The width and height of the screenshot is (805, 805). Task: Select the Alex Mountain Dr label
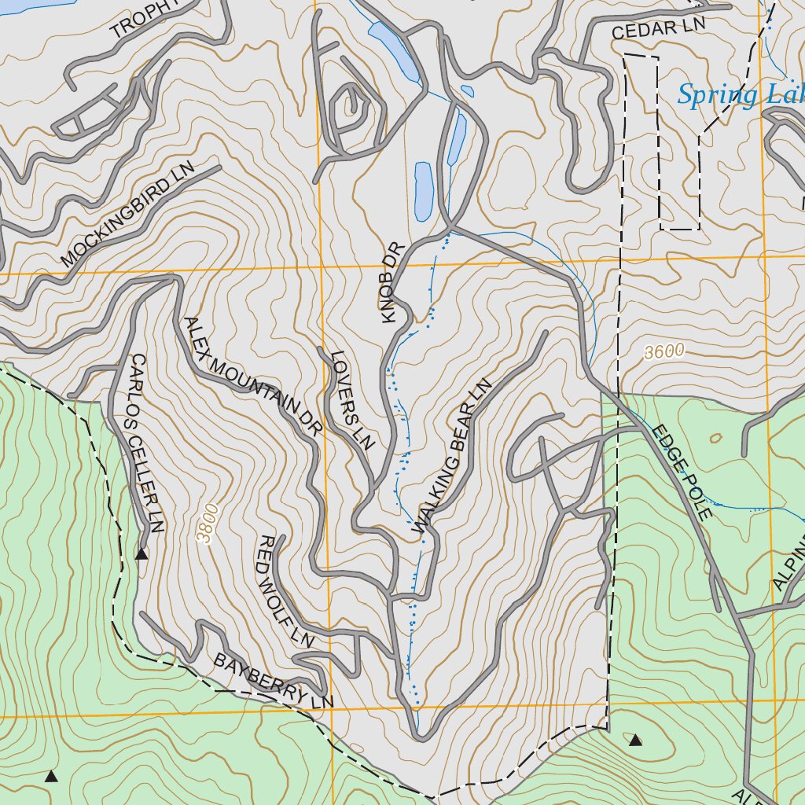click(x=253, y=377)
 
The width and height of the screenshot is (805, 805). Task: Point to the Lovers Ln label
click(x=351, y=399)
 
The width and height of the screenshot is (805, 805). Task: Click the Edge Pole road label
click(x=681, y=472)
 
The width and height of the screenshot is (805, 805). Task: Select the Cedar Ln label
click(x=659, y=28)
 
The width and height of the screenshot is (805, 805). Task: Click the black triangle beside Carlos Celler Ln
click(x=142, y=554)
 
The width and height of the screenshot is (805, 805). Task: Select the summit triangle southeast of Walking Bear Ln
click(x=635, y=739)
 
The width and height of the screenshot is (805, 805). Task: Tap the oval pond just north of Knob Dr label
click(x=423, y=192)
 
